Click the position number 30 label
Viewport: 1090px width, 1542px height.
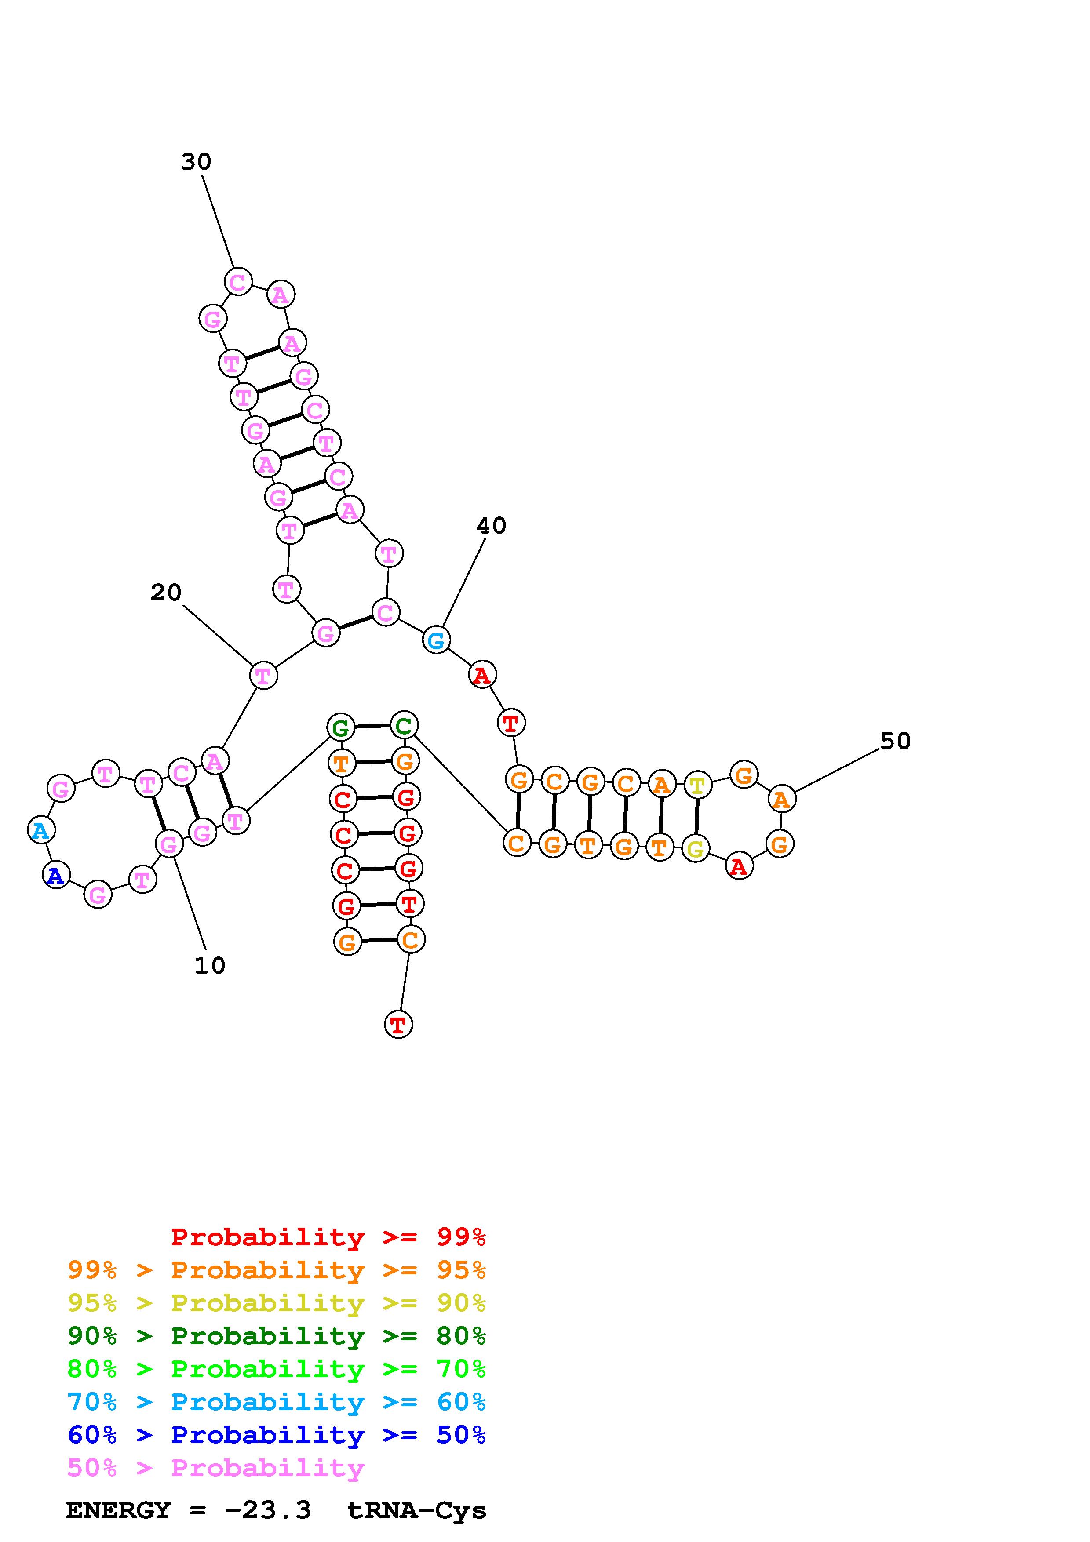(x=196, y=162)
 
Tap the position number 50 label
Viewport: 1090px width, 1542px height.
(x=895, y=742)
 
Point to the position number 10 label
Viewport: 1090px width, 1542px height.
(x=210, y=966)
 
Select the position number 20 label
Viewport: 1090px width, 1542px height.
(x=166, y=593)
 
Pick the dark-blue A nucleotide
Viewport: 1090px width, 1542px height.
(x=56, y=875)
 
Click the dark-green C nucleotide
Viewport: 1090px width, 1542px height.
(x=404, y=725)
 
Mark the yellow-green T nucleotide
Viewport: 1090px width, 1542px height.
(x=698, y=785)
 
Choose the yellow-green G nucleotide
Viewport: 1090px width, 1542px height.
(x=696, y=849)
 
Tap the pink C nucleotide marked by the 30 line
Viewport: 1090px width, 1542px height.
(x=238, y=282)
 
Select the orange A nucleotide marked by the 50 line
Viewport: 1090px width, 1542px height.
(x=781, y=799)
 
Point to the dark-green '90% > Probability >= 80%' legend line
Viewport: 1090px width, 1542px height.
(x=277, y=1336)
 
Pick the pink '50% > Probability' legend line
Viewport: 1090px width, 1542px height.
(x=215, y=1468)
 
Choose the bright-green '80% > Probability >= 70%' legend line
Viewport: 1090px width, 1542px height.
(x=277, y=1369)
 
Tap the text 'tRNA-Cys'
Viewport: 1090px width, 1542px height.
(x=416, y=1510)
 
